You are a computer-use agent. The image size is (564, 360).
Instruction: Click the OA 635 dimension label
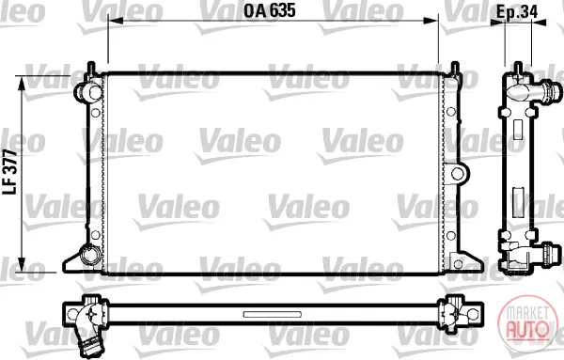pos(270,10)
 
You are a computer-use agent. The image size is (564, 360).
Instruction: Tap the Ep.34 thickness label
pos(517,12)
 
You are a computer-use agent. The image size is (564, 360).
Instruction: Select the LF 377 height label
pos(10,172)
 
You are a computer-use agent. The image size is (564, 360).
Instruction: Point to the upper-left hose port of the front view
pos(87,91)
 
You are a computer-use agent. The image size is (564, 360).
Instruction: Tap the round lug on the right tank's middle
pos(457,174)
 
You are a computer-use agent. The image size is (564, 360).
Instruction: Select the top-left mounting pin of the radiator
pos(92,69)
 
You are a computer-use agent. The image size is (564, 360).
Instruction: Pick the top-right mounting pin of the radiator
pos(455,69)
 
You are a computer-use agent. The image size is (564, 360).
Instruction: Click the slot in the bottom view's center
pos(273,315)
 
